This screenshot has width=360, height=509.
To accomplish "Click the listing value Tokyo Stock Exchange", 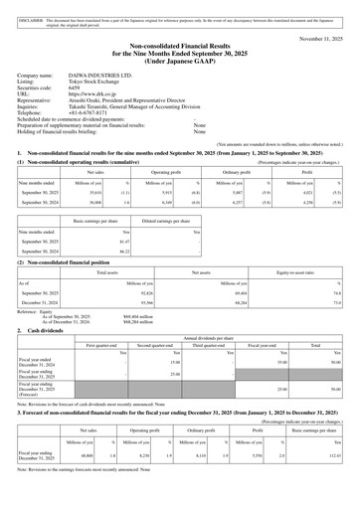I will tap(103, 82).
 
